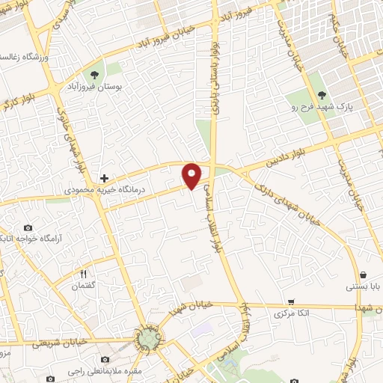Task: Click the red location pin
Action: (192, 175)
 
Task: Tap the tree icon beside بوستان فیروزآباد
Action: (94, 75)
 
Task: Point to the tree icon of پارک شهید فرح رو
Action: (322, 94)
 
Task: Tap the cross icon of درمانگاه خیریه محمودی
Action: (104, 179)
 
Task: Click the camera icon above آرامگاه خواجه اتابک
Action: (28, 227)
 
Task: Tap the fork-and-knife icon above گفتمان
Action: (84, 274)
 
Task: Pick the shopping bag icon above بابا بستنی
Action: (362, 275)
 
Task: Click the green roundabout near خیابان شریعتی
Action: (147, 340)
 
